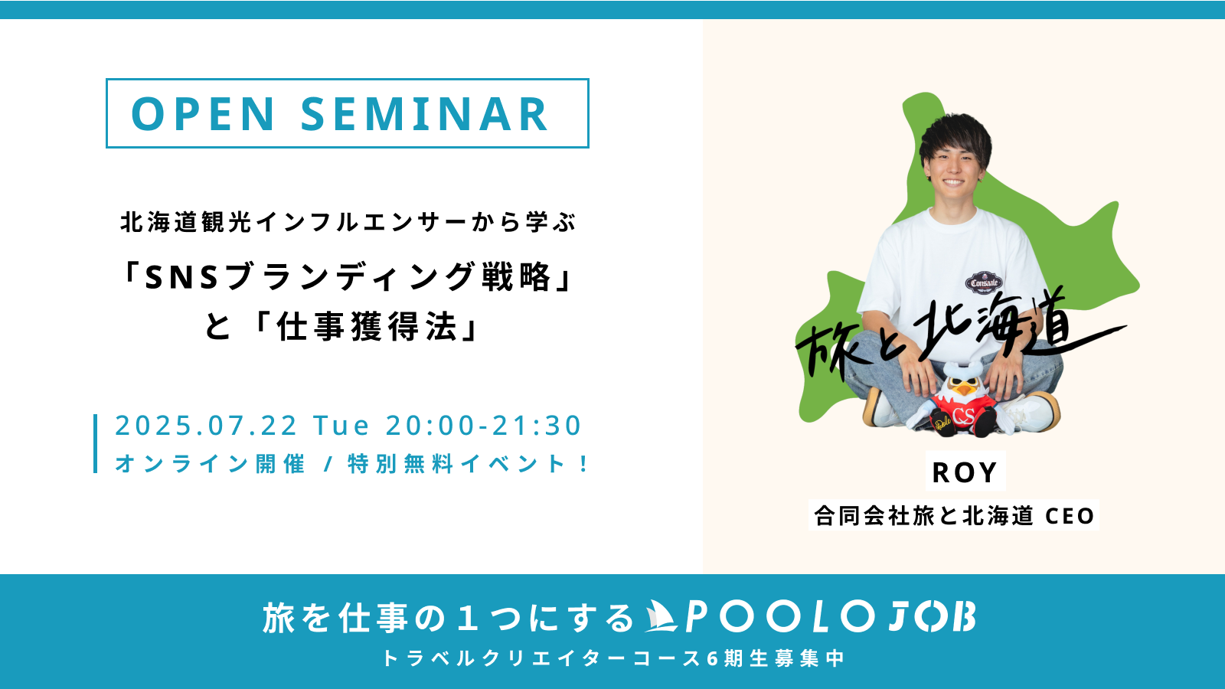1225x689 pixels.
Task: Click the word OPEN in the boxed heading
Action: click(x=202, y=114)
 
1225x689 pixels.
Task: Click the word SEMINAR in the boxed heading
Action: click(x=424, y=114)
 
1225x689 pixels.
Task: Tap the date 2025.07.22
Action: click(x=206, y=426)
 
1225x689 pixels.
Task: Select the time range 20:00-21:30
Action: click(x=483, y=426)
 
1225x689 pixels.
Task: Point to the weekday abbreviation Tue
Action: click(x=341, y=426)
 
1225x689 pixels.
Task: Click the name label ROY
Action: click(x=965, y=472)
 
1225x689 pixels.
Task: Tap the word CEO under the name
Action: click(x=1070, y=516)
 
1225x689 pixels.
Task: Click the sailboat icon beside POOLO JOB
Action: click(x=661, y=616)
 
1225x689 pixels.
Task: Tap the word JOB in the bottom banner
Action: click(x=932, y=617)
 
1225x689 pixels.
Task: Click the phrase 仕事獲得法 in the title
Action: click(x=367, y=327)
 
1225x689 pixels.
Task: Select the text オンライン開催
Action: click(x=210, y=464)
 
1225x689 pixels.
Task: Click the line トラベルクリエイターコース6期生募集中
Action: click(x=613, y=658)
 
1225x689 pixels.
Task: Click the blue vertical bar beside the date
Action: click(x=96, y=443)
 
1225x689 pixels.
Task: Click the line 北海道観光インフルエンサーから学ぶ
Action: click(x=348, y=223)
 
